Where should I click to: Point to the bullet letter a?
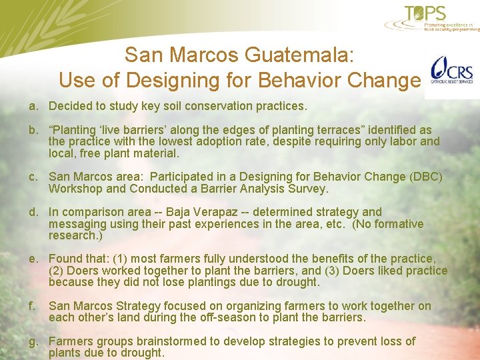coord(32,106)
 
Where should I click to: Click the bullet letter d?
coord(32,212)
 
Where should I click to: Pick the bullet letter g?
coord(32,341)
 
